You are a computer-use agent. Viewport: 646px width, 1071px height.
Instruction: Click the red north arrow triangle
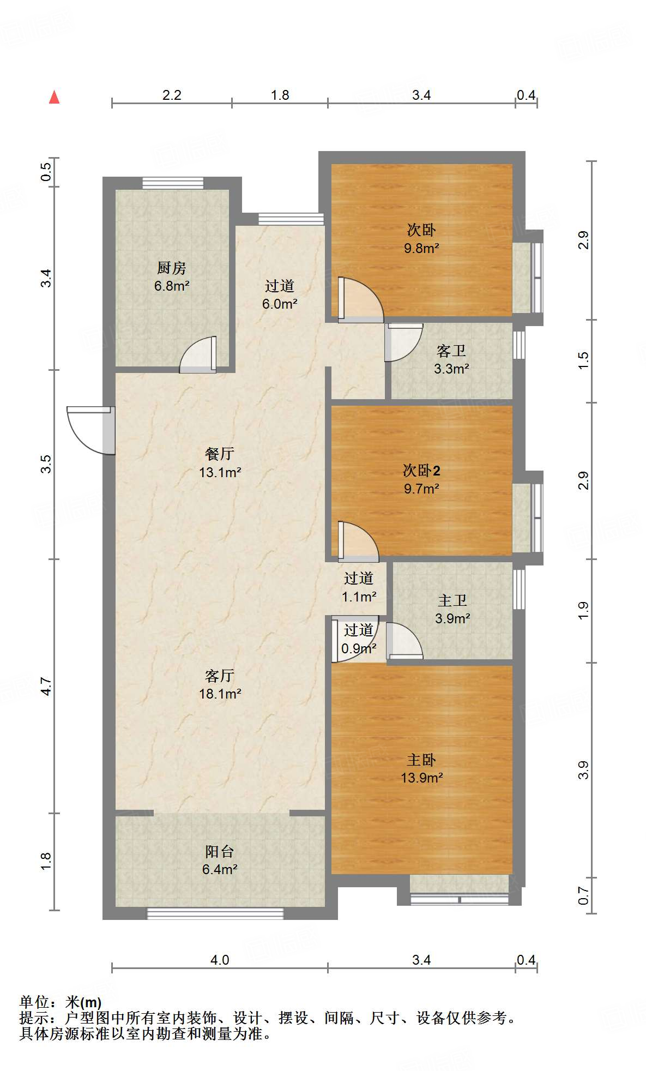[54, 97]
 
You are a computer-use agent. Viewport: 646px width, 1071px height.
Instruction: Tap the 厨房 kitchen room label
[172, 268]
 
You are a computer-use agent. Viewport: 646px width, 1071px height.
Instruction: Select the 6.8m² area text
[172, 286]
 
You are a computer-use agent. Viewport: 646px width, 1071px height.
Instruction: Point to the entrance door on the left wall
[90, 430]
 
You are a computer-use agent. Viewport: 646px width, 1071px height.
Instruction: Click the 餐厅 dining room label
[220, 454]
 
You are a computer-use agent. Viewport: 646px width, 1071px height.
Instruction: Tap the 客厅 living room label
[220, 676]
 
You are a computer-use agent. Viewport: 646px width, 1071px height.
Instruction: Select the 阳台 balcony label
[220, 851]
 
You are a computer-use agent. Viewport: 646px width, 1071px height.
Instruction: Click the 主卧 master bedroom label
[421, 760]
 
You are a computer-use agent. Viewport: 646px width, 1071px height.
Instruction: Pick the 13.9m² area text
[421, 778]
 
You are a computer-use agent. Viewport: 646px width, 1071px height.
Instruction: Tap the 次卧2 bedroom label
[421, 470]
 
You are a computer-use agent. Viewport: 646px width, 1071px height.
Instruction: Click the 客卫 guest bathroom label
[451, 351]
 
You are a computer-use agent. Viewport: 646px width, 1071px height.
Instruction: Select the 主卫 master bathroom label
[452, 600]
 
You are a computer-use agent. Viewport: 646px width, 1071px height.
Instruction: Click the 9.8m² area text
[421, 248]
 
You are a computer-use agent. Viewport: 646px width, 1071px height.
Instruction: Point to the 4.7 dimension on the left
[46, 687]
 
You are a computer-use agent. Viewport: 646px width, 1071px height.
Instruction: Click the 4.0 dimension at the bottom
[220, 959]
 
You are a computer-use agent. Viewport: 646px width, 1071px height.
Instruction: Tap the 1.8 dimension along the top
[280, 95]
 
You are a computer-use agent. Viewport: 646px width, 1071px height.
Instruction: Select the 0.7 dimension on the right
[583, 895]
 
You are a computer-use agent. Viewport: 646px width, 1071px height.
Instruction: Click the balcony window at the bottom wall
[215, 913]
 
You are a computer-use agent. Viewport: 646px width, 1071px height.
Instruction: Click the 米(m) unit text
[83, 1002]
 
